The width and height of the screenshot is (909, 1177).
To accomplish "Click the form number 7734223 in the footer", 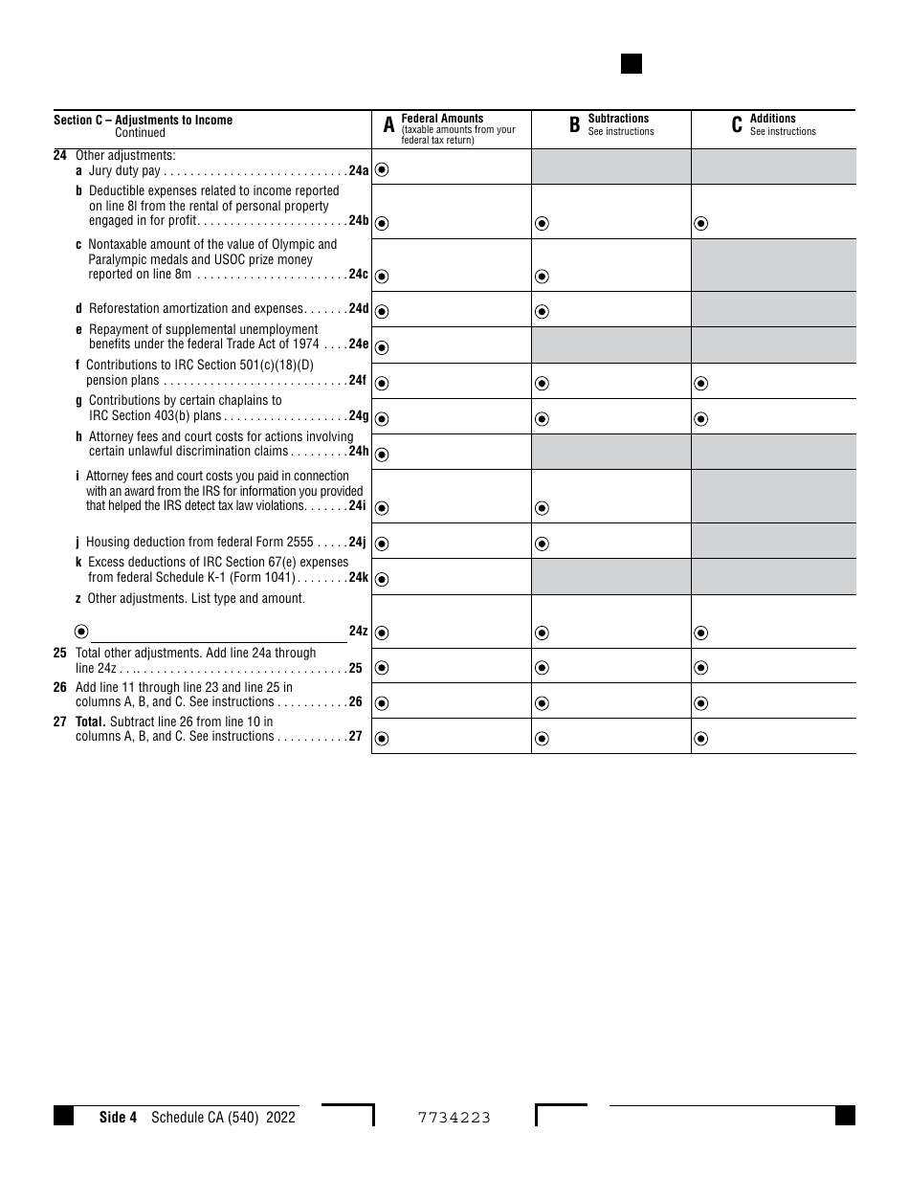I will (454, 1117).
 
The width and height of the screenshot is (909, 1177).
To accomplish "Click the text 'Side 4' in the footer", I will (119, 1117).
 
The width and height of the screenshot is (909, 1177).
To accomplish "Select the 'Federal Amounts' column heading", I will (442, 119).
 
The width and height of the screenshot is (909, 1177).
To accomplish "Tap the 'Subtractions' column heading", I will (618, 119).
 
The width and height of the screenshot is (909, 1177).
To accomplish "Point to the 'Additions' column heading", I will (773, 119).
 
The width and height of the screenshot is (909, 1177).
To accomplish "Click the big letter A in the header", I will (388, 125).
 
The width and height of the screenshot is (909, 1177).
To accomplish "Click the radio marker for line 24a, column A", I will (382, 170).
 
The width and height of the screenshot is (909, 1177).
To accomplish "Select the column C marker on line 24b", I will (701, 224).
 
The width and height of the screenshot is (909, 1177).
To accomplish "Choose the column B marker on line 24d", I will (542, 311).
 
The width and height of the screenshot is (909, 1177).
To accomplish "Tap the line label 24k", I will (358, 578).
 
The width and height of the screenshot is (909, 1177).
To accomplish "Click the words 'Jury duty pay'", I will (124, 171).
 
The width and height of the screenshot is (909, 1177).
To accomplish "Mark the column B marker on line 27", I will (542, 738).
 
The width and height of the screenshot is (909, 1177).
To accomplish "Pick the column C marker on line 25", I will (701, 668).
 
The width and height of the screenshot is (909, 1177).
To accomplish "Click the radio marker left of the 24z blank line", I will (80, 632).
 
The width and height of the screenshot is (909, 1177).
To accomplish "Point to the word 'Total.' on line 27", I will (91, 722).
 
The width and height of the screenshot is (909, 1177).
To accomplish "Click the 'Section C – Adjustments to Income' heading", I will (143, 120).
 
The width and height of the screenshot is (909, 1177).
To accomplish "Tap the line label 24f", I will (357, 381).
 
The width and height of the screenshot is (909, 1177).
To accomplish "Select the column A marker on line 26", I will (382, 703).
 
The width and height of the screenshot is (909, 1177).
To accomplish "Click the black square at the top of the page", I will (632, 64).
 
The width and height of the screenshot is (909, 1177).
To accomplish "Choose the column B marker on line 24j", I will (542, 544).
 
